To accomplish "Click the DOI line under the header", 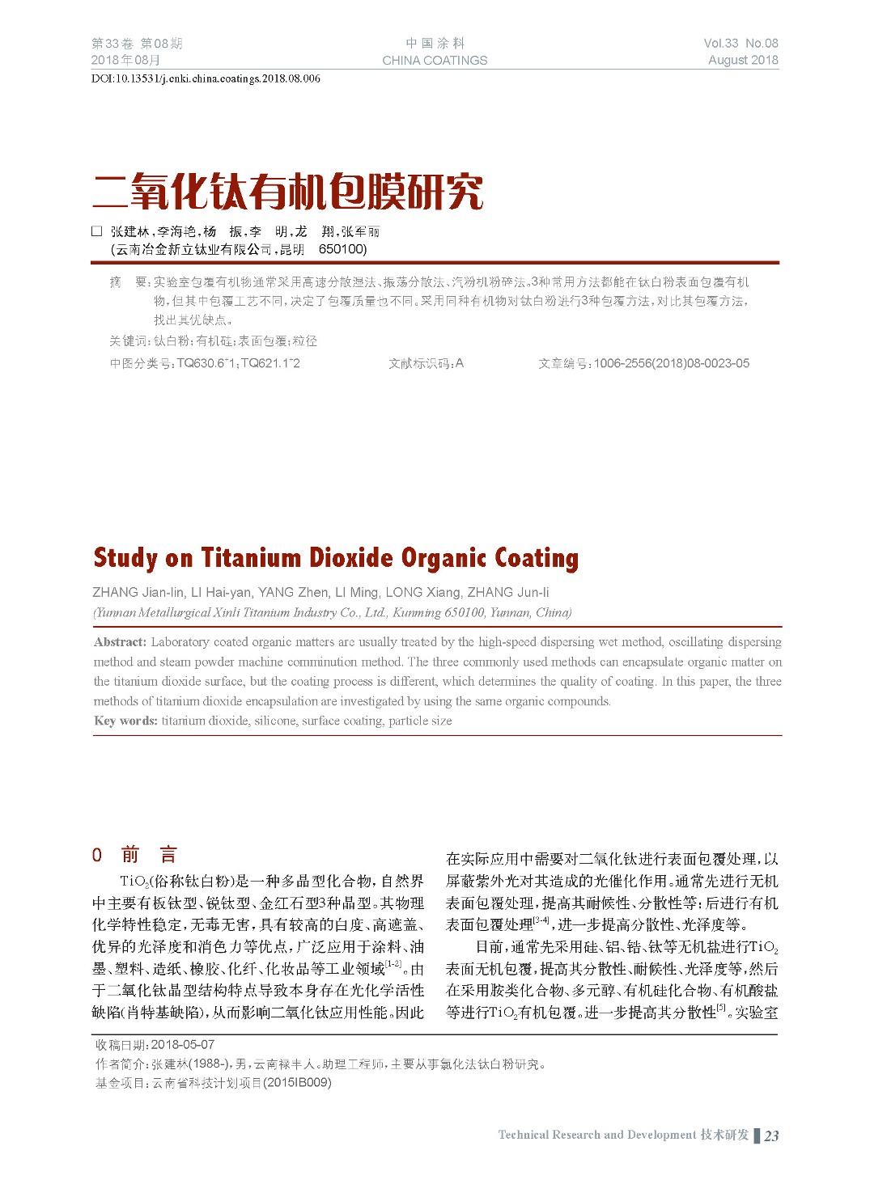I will [206, 78].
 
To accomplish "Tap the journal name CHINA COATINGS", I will [435, 60].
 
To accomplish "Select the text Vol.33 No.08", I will [741, 43].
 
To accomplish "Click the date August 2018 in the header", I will [743, 60].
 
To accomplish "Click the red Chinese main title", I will [288, 192].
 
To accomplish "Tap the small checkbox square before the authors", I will [97, 231].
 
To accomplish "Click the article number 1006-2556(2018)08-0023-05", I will [671, 363].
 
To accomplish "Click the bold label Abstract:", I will [120, 642].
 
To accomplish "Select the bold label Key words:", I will [125, 721].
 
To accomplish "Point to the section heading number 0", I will [97, 855].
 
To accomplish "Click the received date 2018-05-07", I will [183, 1044].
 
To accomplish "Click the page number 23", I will [771, 1136].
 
